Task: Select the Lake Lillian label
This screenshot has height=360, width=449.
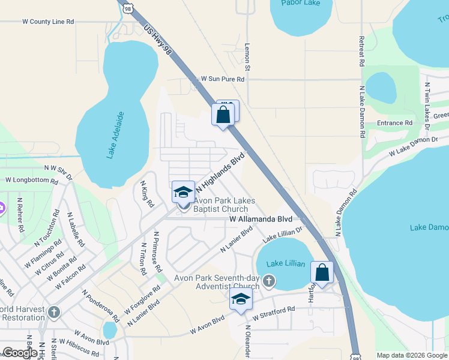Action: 286,264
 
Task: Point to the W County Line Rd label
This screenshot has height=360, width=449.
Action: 47,21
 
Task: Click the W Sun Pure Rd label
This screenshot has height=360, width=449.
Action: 223,79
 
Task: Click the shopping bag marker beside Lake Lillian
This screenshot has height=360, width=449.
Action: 322,273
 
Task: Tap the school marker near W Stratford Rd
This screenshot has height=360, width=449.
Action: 241,299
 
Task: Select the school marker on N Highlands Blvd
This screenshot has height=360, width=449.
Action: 183,192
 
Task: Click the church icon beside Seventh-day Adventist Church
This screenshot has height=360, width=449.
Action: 270,280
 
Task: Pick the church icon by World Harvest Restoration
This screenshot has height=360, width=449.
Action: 54,312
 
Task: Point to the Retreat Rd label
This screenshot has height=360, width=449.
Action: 362,50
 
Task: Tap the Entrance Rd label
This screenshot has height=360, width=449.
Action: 395,123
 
